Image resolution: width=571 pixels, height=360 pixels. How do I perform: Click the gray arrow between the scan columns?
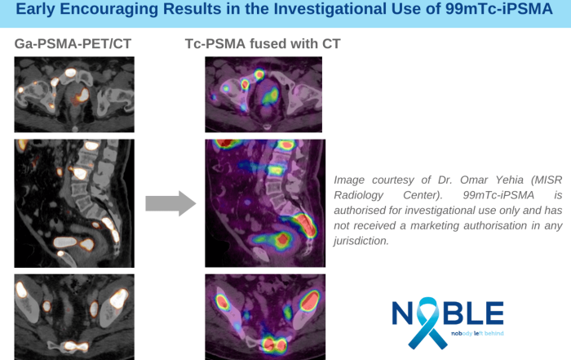tap(170, 203)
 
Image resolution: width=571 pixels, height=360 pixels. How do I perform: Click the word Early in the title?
tap(35, 9)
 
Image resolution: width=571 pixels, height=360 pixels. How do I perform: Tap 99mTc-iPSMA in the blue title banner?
tap(499, 9)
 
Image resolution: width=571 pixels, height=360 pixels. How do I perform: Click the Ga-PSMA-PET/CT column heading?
tap(73, 44)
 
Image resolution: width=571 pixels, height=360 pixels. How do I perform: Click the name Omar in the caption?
tap(473, 180)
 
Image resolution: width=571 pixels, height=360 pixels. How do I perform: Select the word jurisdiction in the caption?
tap(361, 241)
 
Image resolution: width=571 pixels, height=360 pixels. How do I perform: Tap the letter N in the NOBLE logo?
tap(402, 313)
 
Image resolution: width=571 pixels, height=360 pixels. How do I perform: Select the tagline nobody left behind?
tap(477, 333)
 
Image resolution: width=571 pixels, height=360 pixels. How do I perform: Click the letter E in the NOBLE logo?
tap(494, 313)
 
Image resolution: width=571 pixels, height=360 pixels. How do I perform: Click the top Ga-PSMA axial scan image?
tap(74, 95)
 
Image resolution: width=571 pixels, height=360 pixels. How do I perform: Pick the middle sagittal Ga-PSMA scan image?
tap(74, 203)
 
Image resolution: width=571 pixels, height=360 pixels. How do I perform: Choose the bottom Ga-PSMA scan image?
tap(74, 317)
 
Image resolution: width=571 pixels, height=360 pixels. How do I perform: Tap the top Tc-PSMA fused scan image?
tap(263, 95)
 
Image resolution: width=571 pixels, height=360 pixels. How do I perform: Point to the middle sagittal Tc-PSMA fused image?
tap(265, 203)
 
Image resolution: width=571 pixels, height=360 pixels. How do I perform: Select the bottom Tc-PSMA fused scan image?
tap(265, 317)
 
